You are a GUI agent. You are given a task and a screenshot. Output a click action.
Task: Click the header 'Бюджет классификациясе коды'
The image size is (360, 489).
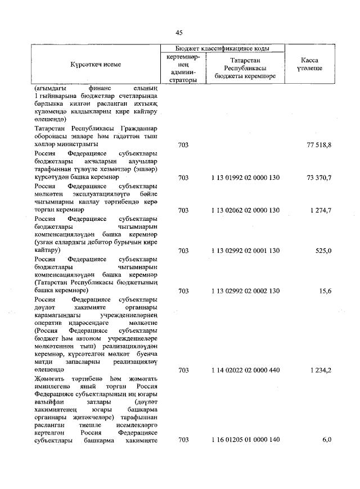[x=222, y=49]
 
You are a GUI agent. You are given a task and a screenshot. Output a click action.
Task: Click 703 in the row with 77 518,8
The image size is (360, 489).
[x=182, y=145]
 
